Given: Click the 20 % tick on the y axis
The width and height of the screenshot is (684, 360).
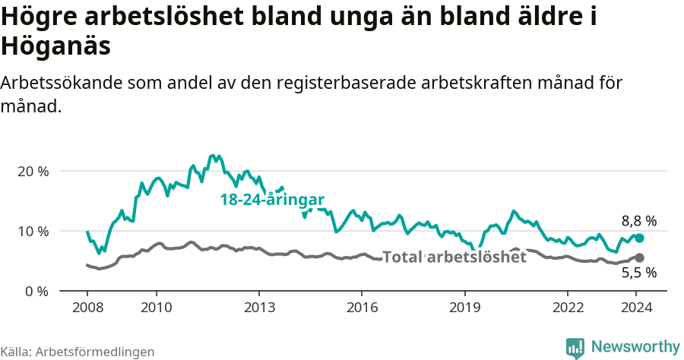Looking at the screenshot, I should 33,171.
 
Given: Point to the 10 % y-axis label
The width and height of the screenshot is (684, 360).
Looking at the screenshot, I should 33,231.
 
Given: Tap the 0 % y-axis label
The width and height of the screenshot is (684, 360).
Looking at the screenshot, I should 36,291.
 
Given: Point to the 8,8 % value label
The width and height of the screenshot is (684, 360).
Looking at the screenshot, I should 638,221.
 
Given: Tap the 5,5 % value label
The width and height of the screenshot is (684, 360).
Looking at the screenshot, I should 638,273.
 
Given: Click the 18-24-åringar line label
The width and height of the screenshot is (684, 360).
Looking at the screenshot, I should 272,200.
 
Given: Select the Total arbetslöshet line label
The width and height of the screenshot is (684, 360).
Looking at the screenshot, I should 454,257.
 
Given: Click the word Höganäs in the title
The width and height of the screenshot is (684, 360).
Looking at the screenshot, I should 56,46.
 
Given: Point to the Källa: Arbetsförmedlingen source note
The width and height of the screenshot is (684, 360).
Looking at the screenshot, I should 78,352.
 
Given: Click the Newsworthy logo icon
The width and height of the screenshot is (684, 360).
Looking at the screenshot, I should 575,348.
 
